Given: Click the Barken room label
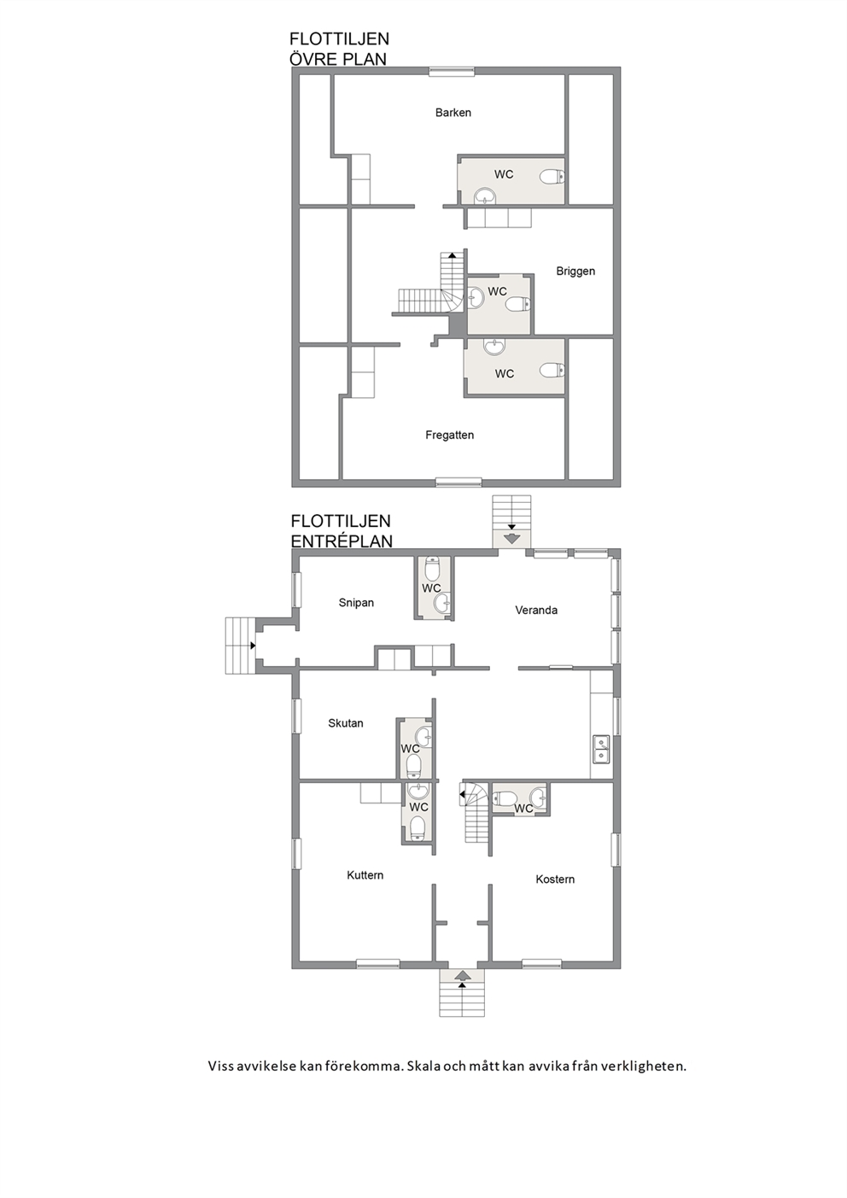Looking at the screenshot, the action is coord(453,113).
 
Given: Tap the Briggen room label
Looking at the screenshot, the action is coord(575,272).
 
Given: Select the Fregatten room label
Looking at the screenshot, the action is coord(450,435).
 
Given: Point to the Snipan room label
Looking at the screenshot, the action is coord(356,603).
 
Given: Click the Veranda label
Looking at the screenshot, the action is coord(536,611).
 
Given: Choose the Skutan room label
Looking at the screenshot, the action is coord(346,723).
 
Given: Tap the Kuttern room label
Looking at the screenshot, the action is coord(365,875).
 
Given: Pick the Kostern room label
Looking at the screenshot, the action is coord(555,879).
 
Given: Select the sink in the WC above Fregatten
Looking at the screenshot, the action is coord(494,347).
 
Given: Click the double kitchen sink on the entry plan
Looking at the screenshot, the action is coord(602,748).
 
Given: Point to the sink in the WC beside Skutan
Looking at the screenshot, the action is coord(424,737).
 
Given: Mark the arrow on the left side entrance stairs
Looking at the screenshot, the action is coord(253,646).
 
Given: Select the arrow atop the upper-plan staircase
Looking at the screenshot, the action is coord(452,255).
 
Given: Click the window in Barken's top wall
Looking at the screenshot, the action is coord(452,71).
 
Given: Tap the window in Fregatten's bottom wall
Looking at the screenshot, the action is coord(459,482).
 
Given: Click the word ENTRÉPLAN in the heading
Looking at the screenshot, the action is coord(342,541).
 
